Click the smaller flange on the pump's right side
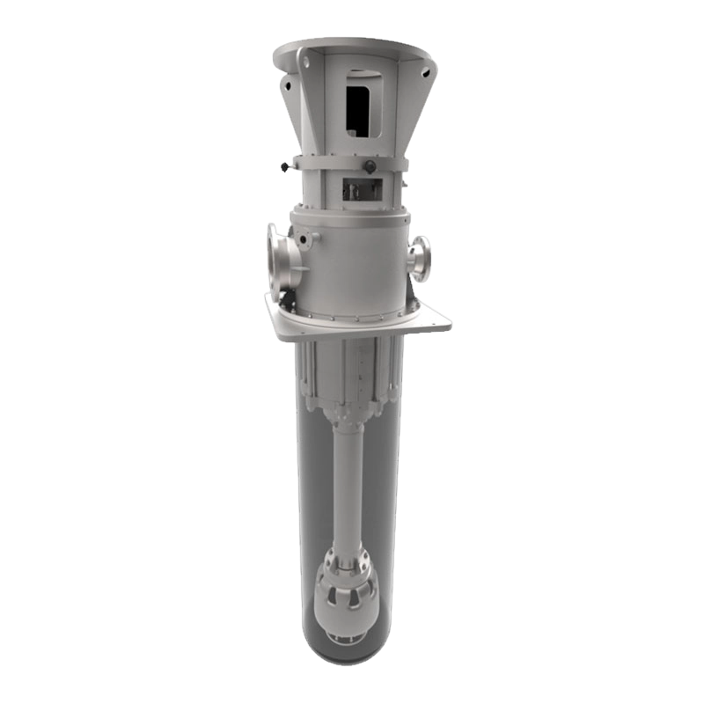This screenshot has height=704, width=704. [x=422, y=259]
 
